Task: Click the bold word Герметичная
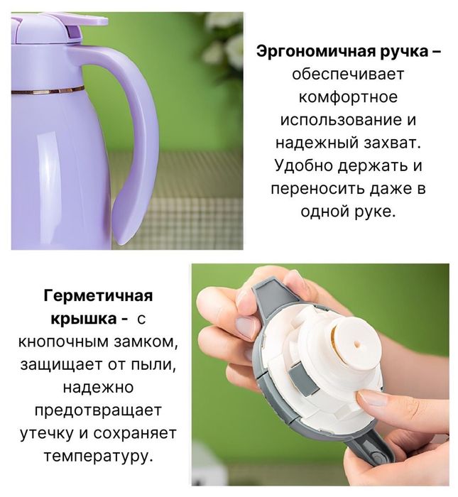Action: click(98, 295)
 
